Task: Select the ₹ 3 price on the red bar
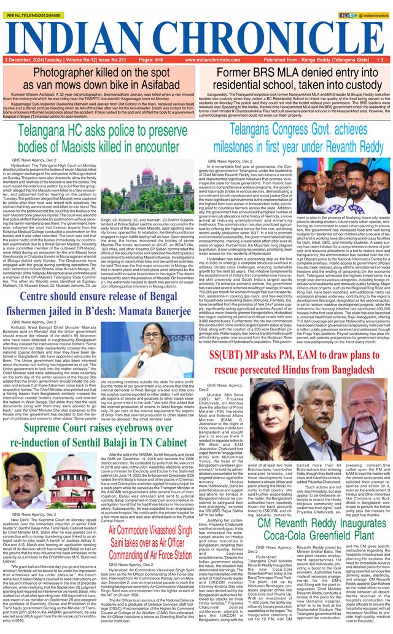[381, 60]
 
